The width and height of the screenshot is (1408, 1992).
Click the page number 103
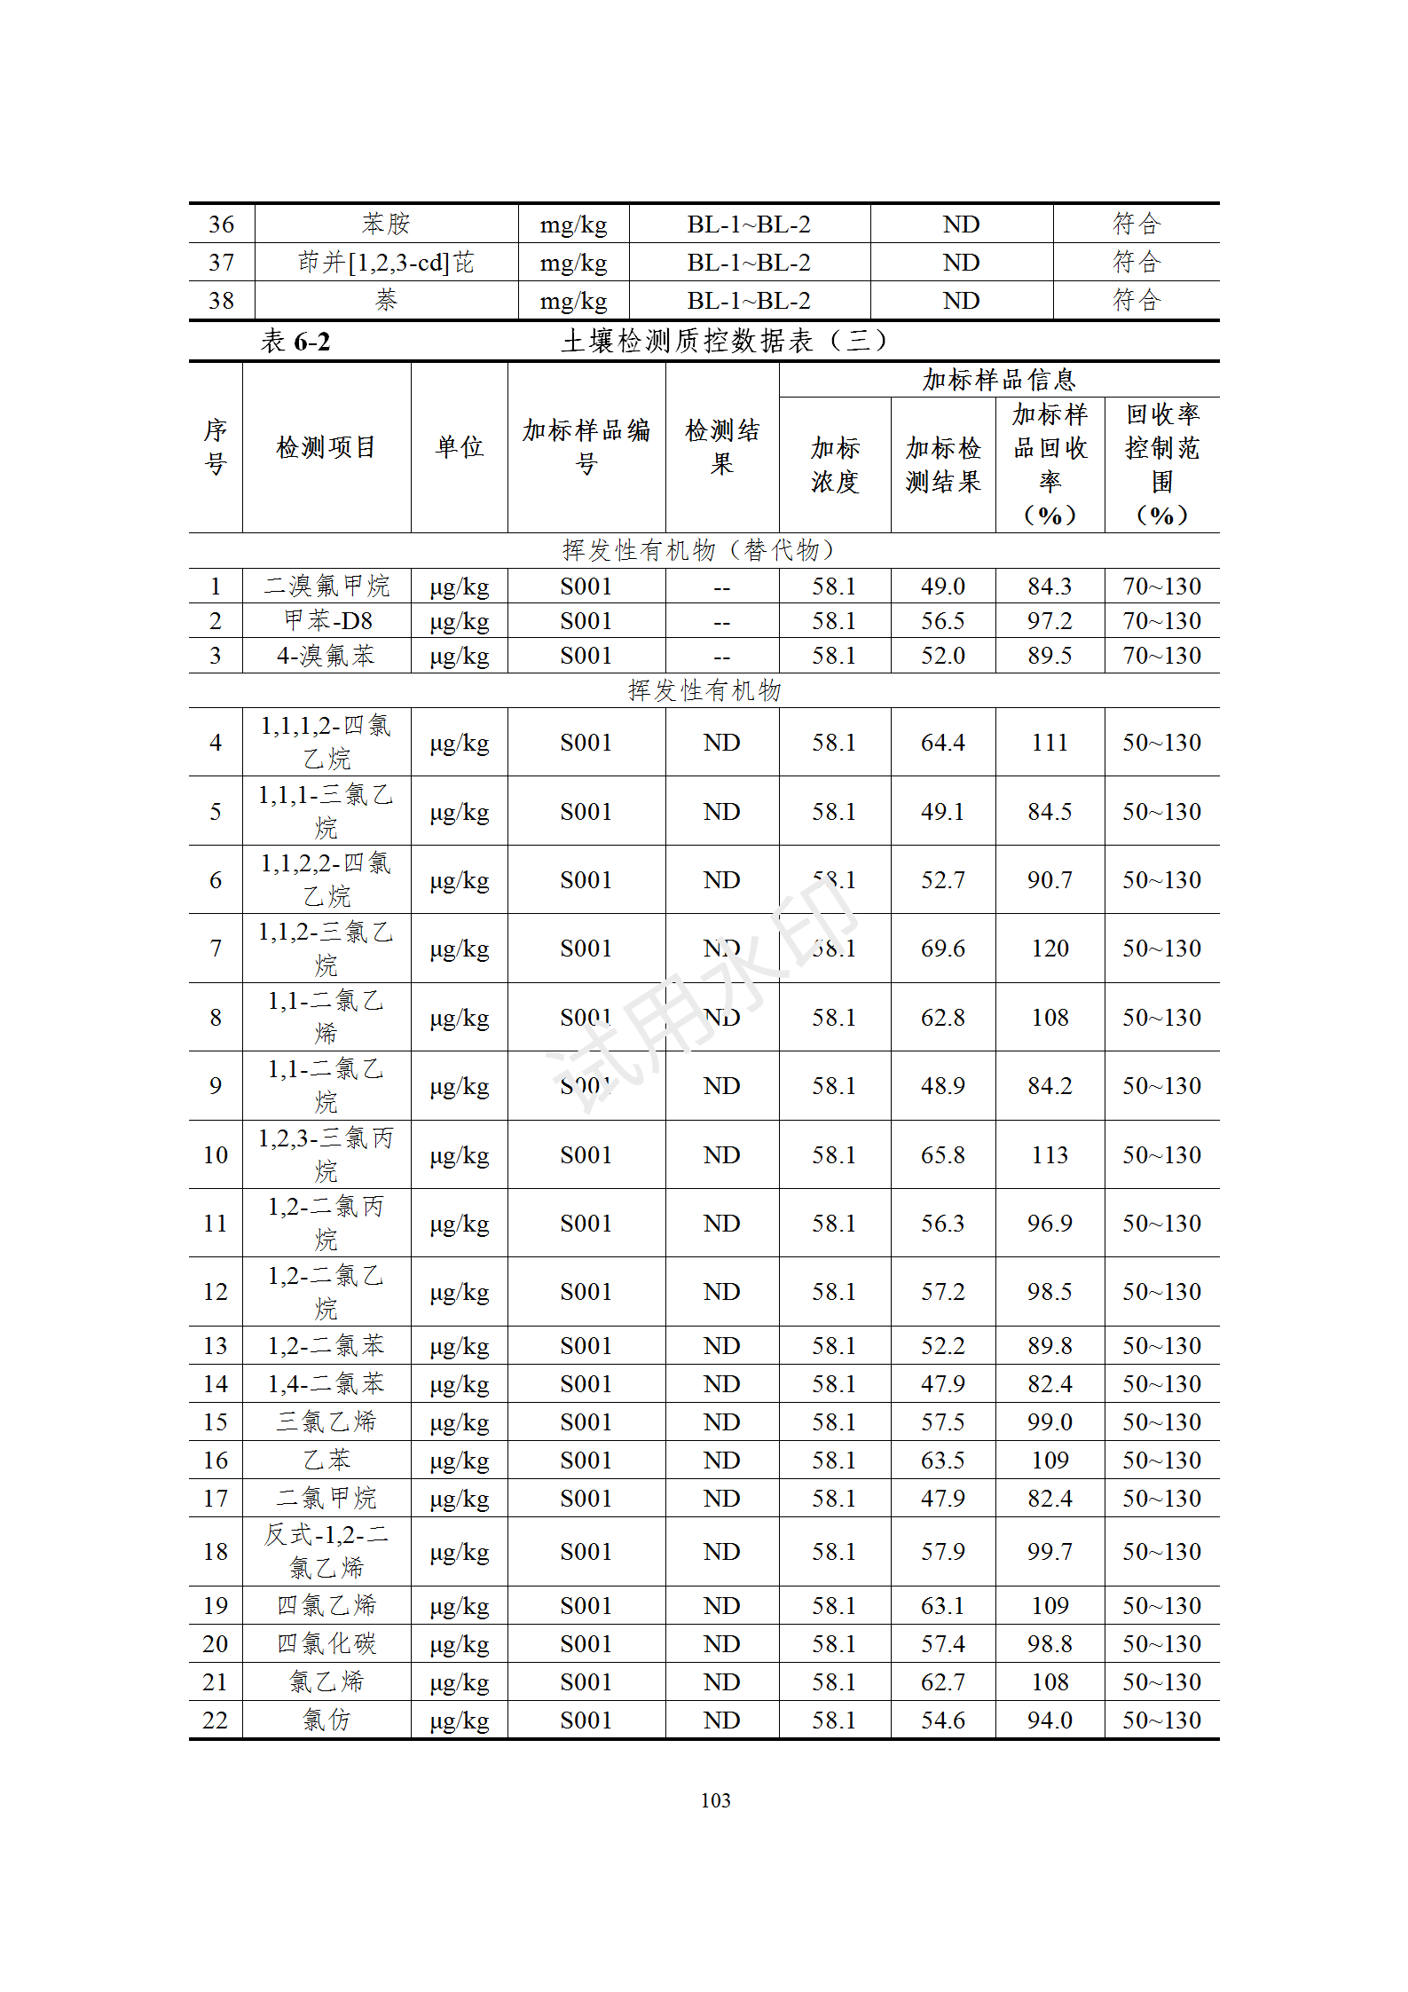click(715, 1799)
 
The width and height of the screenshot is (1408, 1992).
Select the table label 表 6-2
click(295, 342)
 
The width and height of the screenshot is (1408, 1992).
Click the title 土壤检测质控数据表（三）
click(723, 341)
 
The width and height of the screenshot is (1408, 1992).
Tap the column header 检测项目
click(326, 447)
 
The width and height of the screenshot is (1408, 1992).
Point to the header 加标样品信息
click(998, 380)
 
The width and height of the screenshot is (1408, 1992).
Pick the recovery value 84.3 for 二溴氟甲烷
click(1050, 587)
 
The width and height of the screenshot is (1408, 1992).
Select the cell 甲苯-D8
click(327, 621)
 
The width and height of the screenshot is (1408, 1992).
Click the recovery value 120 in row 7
click(1050, 949)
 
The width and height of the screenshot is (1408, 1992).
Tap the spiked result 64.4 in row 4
click(942, 743)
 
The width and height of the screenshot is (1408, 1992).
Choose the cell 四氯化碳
click(326, 1644)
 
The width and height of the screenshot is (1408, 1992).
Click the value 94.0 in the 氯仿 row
click(1050, 1720)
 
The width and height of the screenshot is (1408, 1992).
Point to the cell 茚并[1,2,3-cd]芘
click(386, 263)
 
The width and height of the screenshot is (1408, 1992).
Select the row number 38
click(221, 301)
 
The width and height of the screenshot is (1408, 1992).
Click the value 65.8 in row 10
click(942, 1155)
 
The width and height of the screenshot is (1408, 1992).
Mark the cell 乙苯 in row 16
click(326, 1461)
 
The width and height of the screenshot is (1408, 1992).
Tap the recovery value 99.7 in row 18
click(1050, 1552)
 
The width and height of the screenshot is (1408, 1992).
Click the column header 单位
click(459, 447)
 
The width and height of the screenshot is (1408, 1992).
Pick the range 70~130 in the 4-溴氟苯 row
click(1161, 656)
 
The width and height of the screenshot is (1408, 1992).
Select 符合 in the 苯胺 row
click(1136, 224)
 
